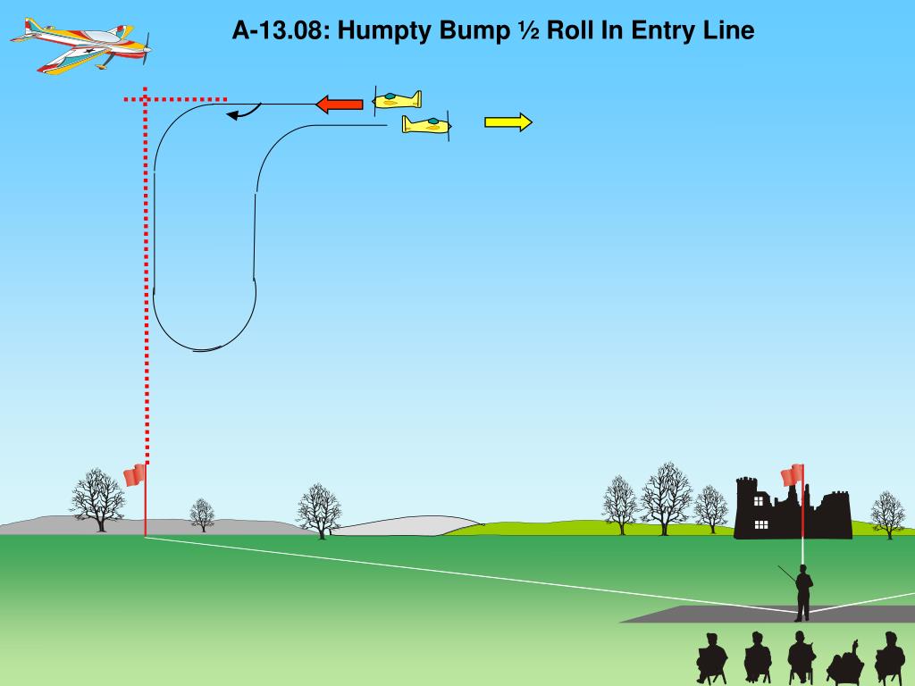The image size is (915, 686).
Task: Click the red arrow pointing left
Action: (340, 105)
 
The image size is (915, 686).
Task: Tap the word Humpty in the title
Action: (382, 31)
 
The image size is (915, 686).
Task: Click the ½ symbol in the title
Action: (526, 31)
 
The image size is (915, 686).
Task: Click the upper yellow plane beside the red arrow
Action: (397, 99)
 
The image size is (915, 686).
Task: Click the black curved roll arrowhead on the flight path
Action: (234, 114)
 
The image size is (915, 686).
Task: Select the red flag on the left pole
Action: (134, 475)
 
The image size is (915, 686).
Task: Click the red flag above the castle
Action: (792, 475)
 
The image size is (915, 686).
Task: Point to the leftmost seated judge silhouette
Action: (711, 659)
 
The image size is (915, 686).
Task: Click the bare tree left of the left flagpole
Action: (97, 499)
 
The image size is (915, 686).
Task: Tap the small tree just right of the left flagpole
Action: (203, 514)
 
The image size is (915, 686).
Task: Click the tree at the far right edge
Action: (887, 514)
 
